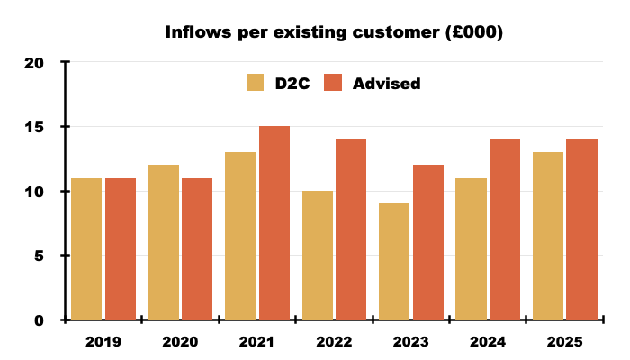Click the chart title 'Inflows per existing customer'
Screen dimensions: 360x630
(334, 33)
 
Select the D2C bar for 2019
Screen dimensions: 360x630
(86, 249)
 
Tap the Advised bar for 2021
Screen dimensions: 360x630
(274, 223)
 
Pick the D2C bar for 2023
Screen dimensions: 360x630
(394, 262)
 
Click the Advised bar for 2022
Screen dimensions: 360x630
(351, 229)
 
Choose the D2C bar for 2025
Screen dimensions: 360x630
(548, 236)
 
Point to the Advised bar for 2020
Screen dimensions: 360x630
(197, 249)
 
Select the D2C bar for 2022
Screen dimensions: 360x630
(317, 256)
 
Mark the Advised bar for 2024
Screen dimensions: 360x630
(505, 229)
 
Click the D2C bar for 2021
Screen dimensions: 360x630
(240, 236)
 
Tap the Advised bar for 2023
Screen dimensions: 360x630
(428, 242)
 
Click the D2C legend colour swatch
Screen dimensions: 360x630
(256, 84)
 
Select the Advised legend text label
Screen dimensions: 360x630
(387, 84)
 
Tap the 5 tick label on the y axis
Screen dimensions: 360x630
(40, 256)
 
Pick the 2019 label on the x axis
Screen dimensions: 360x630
(103, 343)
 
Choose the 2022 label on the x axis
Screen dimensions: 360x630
(334, 343)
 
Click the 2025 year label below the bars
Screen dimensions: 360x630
(564, 343)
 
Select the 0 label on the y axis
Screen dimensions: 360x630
(40, 319)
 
